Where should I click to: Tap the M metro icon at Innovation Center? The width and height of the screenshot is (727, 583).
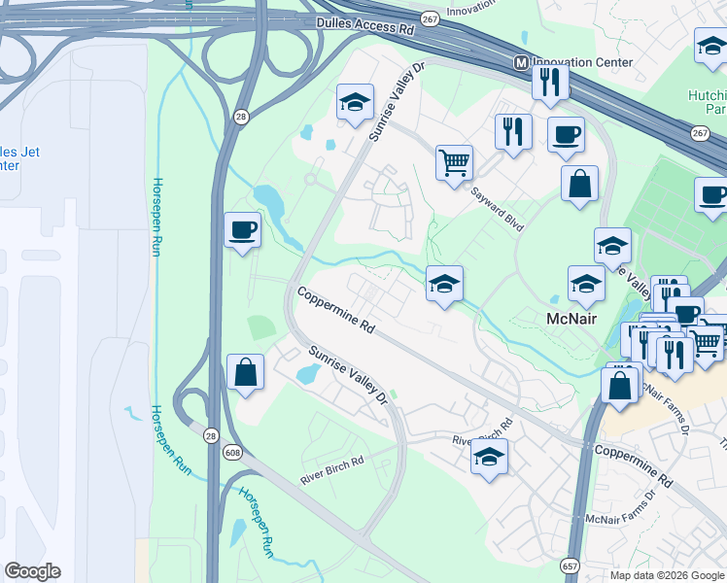pos(521,62)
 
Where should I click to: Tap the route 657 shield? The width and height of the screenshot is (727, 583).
pos(571,564)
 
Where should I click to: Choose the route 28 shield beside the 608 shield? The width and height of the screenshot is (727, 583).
pos(212,436)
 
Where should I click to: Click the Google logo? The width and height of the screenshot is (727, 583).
pos(32,571)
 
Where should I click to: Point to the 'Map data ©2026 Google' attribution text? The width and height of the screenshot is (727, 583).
pos(666,575)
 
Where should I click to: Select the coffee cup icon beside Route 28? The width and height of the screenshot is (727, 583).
pos(243,231)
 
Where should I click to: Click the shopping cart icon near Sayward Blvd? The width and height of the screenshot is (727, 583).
pos(454,162)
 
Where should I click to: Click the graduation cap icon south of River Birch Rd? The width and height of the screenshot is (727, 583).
pos(489,457)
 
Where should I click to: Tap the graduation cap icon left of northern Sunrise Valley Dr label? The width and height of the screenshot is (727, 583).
pos(356,102)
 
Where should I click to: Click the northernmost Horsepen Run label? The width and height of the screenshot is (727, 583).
pos(156,216)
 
